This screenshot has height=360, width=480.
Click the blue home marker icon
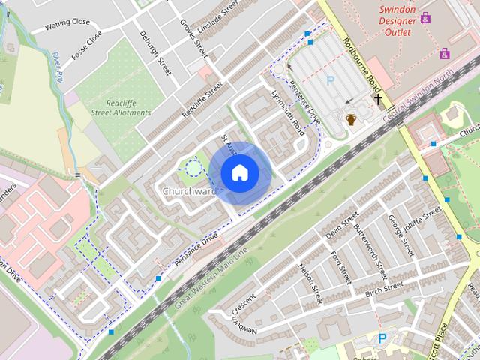240,173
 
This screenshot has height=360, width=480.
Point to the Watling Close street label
67,22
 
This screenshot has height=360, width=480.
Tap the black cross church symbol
379,98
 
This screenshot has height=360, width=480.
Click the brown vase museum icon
350,118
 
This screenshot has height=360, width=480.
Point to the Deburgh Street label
156,52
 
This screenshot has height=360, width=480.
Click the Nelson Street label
310,284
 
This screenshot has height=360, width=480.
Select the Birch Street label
384,289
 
